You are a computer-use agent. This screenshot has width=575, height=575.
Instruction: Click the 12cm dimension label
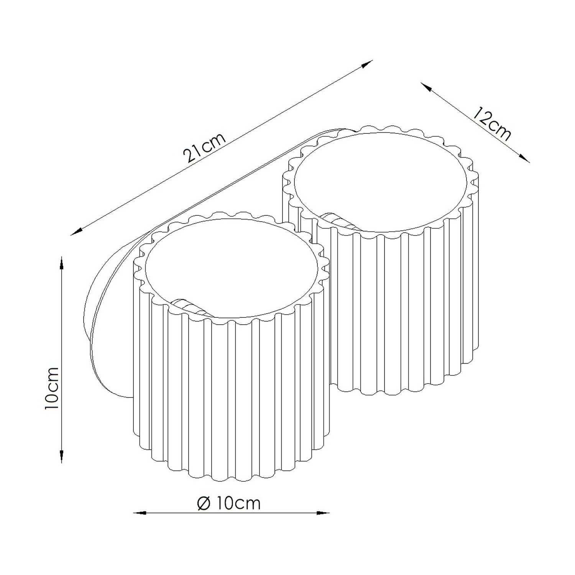pyautogui.click(x=492, y=124)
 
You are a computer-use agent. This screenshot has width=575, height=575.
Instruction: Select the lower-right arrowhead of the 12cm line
pyautogui.click(x=524, y=158)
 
